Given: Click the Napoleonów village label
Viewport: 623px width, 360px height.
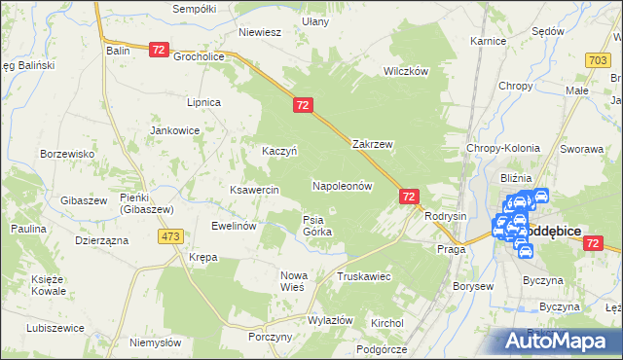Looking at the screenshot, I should click(x=343, y=185).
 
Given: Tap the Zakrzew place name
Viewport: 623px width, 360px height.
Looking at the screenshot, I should click(x=372, y=143).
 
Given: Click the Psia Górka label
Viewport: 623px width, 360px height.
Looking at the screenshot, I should click(x=317, y=226).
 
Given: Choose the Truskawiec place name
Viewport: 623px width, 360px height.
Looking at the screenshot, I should click(x=363, y=276).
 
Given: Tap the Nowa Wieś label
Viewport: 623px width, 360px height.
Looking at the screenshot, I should click(x=293, y=281).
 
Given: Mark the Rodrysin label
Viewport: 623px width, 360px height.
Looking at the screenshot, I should click(x=447, y=216).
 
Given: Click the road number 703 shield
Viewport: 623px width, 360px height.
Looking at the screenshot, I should click(x=600, y=60).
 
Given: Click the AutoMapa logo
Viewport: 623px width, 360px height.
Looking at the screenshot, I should click(x=559, y=341).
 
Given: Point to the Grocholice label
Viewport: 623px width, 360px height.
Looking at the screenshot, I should click(x=200, y=56).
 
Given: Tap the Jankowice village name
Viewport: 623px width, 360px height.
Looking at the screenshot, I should click(x=174, y=129).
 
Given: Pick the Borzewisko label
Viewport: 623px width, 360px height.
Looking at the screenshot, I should click(x=66, y=154).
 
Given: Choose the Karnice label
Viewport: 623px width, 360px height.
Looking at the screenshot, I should click(x=487, y=42).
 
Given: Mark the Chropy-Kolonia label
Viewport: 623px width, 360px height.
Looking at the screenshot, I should click(x=503, y=148).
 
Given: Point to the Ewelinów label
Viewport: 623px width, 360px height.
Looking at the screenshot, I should click(x=234, y=226).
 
